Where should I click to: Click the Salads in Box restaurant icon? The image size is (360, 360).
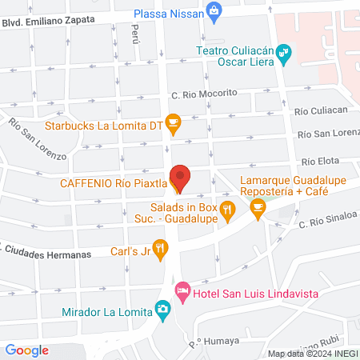pyautogui.click(x=228, y=211)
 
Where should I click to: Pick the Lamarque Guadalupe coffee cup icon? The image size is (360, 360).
pyautogui.click(x=257, y=207)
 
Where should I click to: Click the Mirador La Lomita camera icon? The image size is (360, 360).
pyautogui.click(x=162, y=309)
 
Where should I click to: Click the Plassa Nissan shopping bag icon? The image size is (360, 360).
pyautogui.click(x=214, y=10)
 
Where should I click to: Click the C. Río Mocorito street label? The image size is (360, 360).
pyautogui.click(x=204, y=94)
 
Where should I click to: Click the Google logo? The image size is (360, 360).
pyautogui.click(x=26, y=350)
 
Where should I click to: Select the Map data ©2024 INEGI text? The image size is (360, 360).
pyautogui.click(x=312, y=354)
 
